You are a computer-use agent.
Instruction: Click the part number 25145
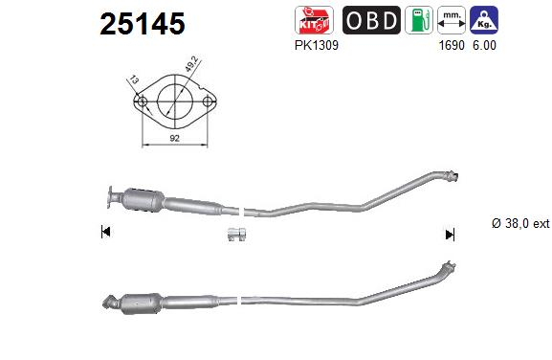143,24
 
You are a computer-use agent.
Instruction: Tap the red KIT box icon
314,20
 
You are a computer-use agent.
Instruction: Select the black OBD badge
371,20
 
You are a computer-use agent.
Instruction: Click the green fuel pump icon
419,20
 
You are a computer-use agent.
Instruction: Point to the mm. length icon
452,20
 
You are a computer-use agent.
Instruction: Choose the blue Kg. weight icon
484,20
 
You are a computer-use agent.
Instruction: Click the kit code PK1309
316,45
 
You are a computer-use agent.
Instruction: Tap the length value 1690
452,45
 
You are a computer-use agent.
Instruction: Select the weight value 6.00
484,45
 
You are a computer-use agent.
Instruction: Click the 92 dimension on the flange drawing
175,138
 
